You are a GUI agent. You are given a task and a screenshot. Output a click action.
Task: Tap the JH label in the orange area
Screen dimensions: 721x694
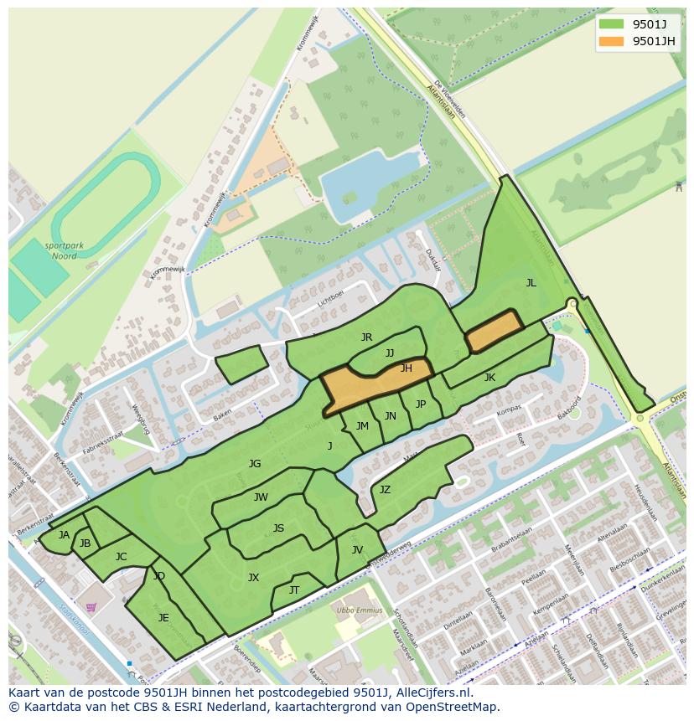tap(406, 368)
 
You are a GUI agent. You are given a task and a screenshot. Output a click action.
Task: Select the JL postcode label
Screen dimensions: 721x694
tap(531, 283)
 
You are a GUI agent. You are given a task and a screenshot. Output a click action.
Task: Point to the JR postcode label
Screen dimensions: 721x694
tap(366, 337)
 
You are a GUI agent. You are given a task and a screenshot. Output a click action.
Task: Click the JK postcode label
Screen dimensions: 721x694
tap(489, 378)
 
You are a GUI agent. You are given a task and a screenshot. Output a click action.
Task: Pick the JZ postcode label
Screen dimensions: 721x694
tap(385, 490)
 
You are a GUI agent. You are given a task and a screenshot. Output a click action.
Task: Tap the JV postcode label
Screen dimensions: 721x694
tap(357, 550)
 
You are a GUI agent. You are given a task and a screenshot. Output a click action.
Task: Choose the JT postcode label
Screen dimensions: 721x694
tap(294, 590)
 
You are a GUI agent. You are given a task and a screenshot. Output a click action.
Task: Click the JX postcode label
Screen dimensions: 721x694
tap(253, 577)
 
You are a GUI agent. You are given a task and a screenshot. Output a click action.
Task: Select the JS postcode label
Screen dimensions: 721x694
tap(278, 528)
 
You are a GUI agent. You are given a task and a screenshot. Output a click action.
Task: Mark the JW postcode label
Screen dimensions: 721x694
tap(261, 497)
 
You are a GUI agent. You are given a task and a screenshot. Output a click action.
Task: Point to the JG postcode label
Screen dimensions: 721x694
tap(255, 464)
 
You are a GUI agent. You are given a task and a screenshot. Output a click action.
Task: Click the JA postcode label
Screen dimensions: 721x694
tap(64, 535)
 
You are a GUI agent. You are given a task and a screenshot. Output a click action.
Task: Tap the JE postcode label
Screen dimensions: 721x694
tap(163, 618)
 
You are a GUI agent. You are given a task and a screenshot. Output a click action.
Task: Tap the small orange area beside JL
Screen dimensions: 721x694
tap(494, 331)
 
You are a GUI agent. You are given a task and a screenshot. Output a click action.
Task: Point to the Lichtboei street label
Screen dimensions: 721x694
tap(331, 297)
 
